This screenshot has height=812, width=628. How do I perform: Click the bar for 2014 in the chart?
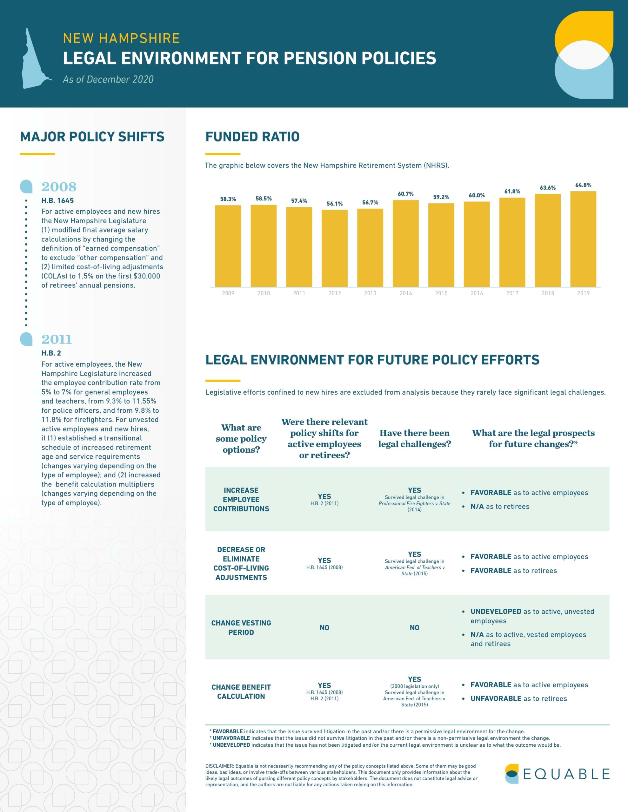[x=406, y=244]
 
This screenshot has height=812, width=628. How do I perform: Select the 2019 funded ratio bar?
[x=583, y=239]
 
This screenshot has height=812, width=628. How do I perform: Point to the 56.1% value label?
[x=335, y=204]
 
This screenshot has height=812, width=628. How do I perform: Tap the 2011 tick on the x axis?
[x=299, y=293]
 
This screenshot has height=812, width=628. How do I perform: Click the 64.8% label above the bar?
[x=583, y=185]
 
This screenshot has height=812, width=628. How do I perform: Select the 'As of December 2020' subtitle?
[x=108, y=79]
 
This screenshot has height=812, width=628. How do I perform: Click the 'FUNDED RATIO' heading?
[x=252, y=136]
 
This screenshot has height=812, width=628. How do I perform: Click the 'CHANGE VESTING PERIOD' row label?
[x=241, y=628]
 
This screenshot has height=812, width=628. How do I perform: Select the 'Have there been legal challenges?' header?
[x=414, y=438]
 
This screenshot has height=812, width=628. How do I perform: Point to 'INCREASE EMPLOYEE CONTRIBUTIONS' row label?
[x=241, y=499]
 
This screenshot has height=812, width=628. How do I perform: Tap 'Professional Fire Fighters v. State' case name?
[x=414, y=503]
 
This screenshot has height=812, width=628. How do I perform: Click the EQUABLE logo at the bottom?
[x=557, y=774]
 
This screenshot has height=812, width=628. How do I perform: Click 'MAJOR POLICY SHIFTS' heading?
[x=92, y=136]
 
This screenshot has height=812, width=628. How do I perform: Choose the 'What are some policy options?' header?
[x=241, y=438]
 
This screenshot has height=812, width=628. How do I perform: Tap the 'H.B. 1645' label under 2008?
[x=58, y=200]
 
